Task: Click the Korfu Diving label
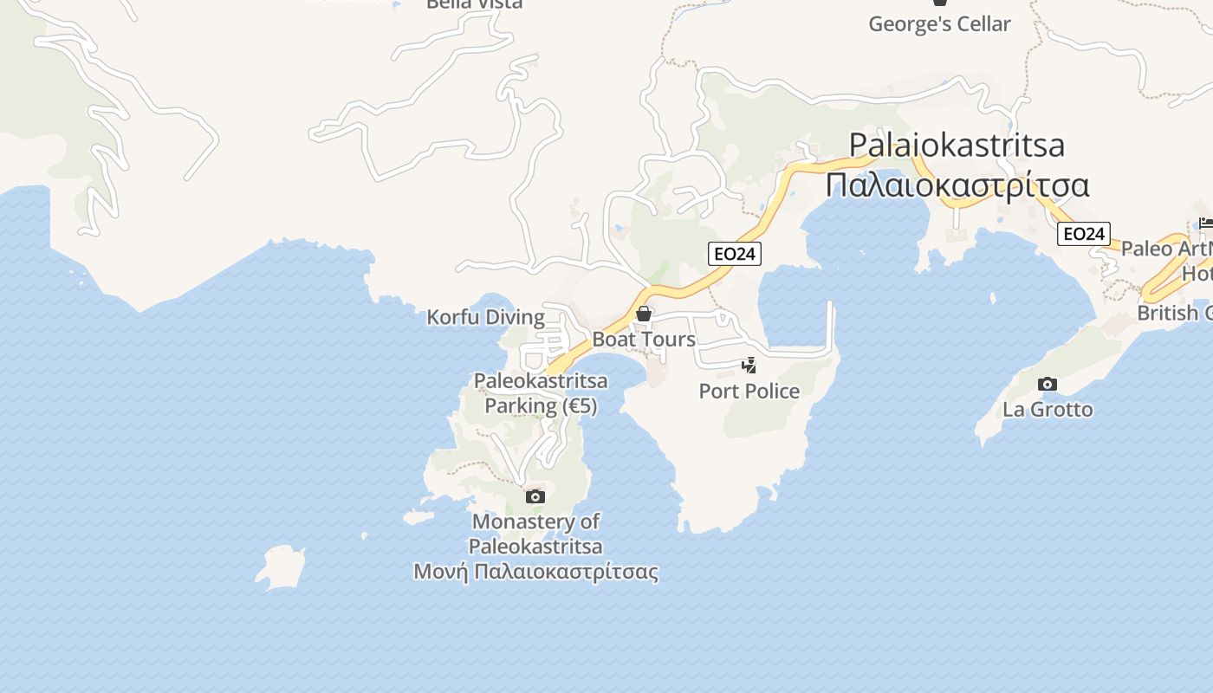[x=485, y=317]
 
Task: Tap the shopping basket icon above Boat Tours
[x=644, y=313]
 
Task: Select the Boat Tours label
[x=644, y=340]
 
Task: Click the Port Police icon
[x=749, y=366]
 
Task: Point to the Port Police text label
[x=749, y=392]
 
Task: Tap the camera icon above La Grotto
[x=1048, y=384]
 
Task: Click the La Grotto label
[x=1048, y=410]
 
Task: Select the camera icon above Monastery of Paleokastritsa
[x=535, y=496]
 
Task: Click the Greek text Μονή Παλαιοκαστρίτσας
[x=535, y=572]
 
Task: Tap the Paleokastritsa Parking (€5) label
[x=541, y=393]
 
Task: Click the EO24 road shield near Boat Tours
[x=734, y=254]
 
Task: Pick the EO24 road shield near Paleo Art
[x=1084, y=234]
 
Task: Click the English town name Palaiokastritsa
[x=957, y=145]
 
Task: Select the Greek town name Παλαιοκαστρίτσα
[x=957, y=185]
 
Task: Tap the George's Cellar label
[x=939, y=24]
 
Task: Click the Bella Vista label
[x=475, y=4]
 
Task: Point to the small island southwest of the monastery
[x=281, y=567]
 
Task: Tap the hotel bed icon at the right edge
[x=1205, y=223]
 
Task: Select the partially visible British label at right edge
[x=1174, y=313]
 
